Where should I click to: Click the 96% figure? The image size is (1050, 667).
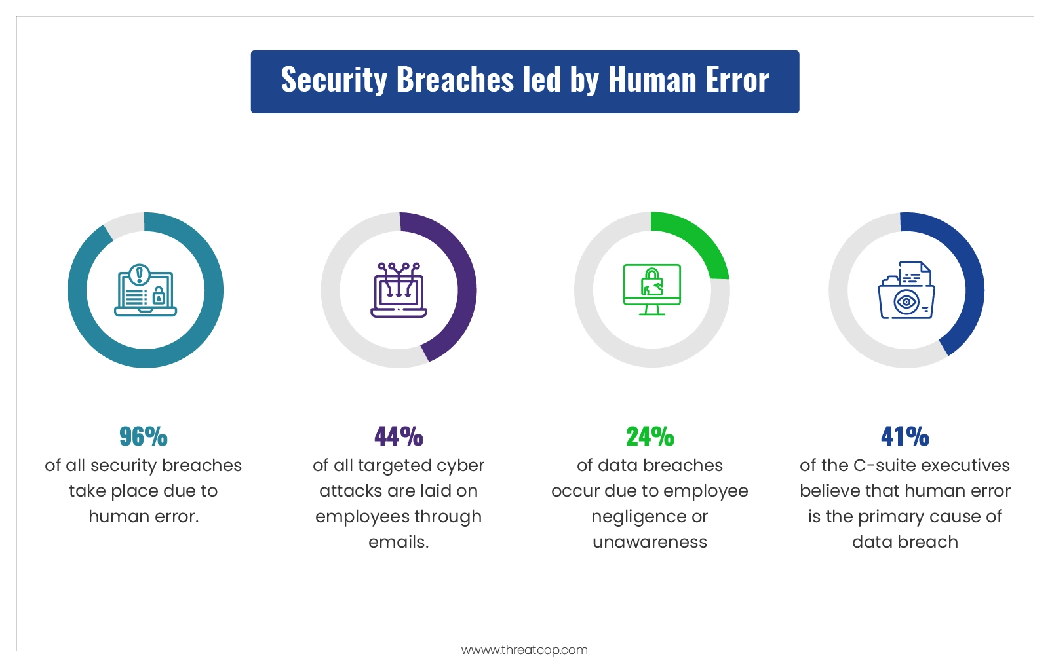[144, 436]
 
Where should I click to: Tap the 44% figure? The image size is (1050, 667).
[399, 436]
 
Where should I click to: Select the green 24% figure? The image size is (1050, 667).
[650, 436]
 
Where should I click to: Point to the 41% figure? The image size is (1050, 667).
[904, 436]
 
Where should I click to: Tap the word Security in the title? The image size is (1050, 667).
[334, 81]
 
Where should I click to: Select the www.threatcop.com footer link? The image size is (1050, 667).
[524, 650]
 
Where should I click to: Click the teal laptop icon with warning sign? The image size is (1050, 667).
[146, 290]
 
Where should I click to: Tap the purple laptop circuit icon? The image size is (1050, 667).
[399, 290]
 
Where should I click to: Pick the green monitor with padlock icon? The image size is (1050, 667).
[651, 289]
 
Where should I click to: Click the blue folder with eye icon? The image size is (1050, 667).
[906, 290]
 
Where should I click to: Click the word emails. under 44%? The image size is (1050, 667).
[399, 542]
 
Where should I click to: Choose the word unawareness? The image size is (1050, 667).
[650, 543]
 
